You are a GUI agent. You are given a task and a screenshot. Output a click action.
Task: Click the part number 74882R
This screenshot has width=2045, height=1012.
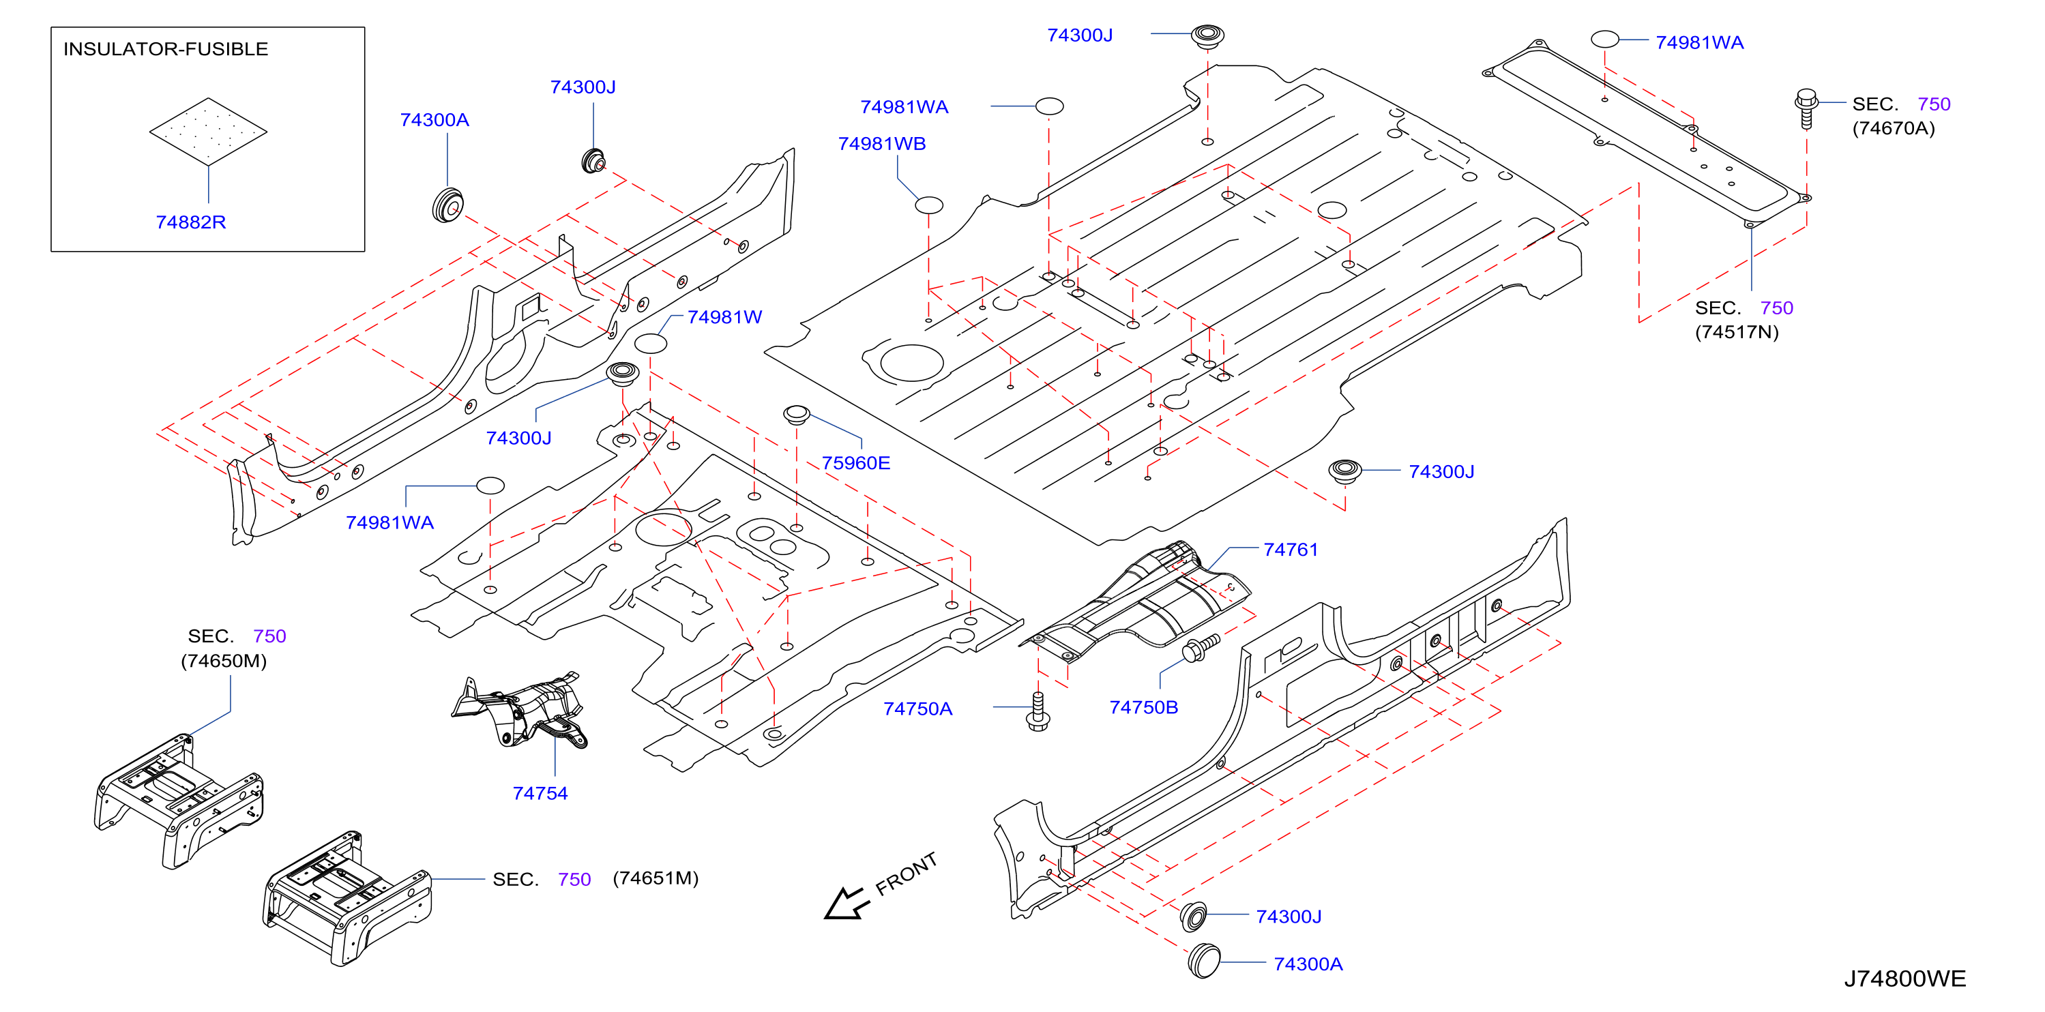(x=190, y=222)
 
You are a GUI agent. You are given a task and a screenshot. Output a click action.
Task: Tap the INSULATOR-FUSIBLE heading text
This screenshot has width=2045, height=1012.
(x=166, y=49)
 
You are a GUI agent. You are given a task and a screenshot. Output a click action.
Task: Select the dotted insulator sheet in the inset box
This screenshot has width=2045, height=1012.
(x=208, y=132)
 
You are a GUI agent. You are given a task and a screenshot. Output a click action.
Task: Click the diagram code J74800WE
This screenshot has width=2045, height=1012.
(x=1904, y=979)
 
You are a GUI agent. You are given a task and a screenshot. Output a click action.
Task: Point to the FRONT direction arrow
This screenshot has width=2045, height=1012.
(x=844, y=904)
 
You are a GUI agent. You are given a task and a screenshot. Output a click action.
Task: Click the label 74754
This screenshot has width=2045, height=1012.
(x=540, y=793)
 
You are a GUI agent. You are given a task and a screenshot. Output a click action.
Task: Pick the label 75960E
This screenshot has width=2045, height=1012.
(x=856, y=463)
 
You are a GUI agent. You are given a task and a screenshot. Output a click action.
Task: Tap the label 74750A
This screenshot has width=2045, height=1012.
(x=917, y=709)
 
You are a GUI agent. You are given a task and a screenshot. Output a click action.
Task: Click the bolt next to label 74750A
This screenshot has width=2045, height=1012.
(x=1038, y=711)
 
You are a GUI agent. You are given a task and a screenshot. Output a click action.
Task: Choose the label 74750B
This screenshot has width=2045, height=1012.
(x=1143, y=707)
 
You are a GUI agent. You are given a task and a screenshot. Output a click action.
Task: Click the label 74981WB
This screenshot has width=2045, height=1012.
(x=882, y=144)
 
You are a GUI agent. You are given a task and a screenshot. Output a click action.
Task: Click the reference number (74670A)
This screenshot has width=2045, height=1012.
(x=1894, y=129)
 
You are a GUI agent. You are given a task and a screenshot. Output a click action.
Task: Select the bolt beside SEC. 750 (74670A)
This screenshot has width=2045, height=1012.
(x=1806, y=108)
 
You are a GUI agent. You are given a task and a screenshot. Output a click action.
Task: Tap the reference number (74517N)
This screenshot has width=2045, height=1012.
(x=1737, y=332)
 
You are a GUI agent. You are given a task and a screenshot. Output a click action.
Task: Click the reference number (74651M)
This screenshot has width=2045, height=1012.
(x=656, y=878)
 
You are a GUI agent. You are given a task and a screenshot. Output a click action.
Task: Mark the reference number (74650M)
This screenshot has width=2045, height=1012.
(x=224, y=661)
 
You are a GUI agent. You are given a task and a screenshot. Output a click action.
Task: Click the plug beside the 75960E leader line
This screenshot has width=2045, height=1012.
(x=796, y=415)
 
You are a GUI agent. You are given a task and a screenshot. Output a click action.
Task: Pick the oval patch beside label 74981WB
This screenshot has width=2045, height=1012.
(x=929, y=205)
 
